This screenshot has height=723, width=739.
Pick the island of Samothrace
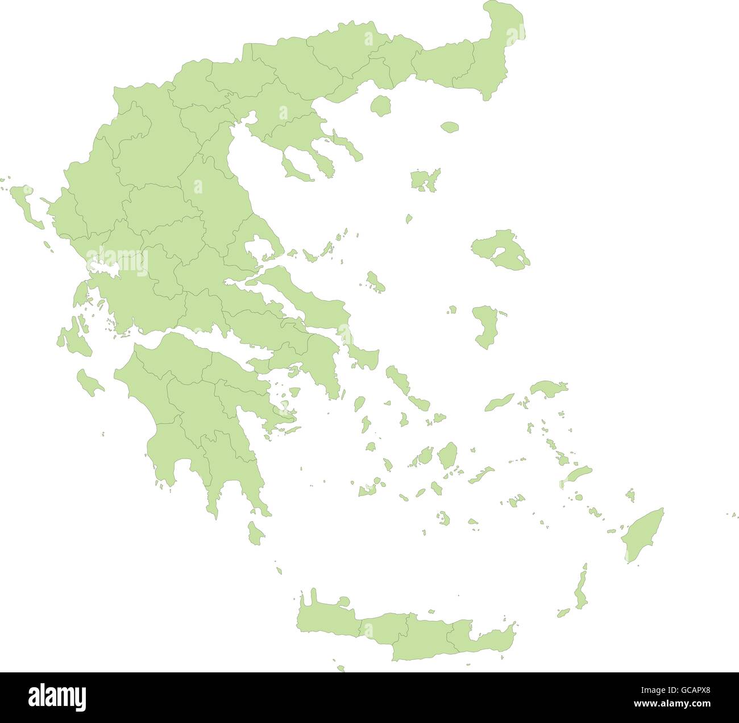[450, 127]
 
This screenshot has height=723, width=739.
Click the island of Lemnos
[424, 180]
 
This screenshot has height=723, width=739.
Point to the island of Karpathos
[581, 592]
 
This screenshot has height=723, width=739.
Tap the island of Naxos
[448, 456]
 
